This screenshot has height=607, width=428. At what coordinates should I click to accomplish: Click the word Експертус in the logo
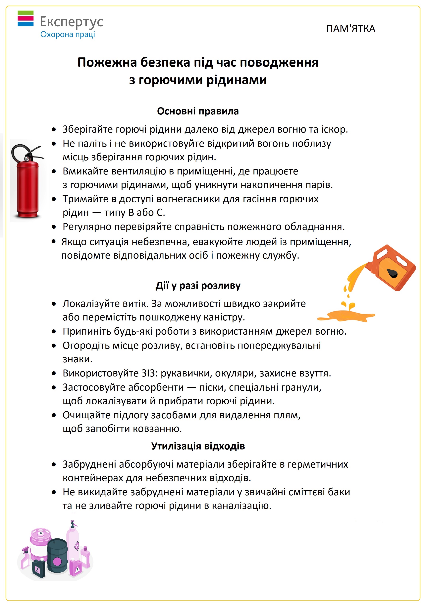tap(71, 22)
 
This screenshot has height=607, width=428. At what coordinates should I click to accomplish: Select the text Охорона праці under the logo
tap(67, 35)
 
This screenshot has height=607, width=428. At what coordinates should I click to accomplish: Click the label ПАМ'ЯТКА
tap(351, 29)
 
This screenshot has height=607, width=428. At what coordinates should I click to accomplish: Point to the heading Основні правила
tap(198, 111)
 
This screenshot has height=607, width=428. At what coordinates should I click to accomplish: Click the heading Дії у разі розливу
tap(198, 286)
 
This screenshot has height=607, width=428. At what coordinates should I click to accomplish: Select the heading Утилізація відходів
tap(198, 446)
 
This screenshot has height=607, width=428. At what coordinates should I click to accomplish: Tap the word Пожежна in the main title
tap(107, 63)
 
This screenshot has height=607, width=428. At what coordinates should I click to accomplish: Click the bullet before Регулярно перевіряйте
tap(54, 227)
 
